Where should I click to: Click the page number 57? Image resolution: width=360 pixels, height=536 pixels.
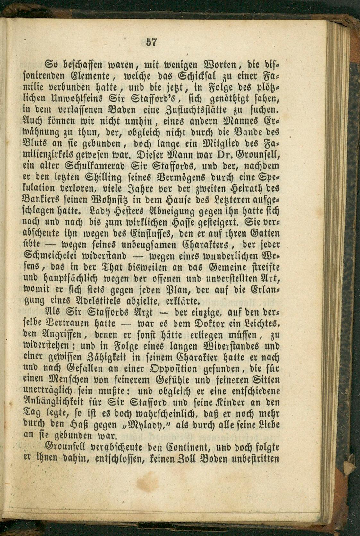tap(151, 42)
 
